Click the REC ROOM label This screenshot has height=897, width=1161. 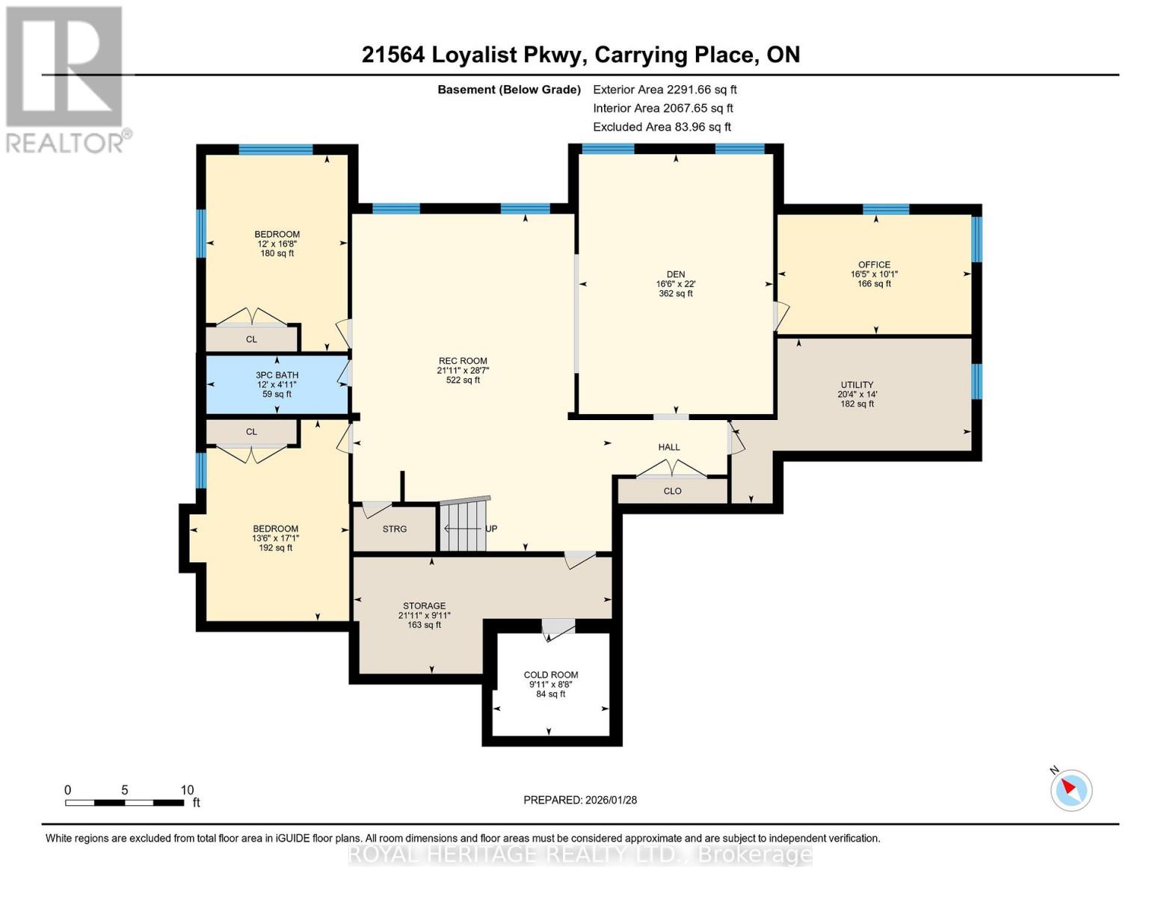[x=463, y=361]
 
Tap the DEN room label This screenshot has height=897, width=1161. [x=676, y=274]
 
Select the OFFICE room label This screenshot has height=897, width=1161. [x=874, y=265]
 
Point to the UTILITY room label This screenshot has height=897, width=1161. [x=856, y=385]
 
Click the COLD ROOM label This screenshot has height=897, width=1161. [x=551, y=675]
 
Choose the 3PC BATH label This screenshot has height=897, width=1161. [x=277, y=375]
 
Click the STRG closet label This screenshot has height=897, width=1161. [x=395, y=529]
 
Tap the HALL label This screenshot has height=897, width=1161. [x=669, y=447]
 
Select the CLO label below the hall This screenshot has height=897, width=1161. [x=672, y=491]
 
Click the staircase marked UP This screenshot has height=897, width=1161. [x=464, y=528]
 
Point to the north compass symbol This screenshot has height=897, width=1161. [x=1071, y=789]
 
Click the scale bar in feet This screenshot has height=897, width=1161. [x=125, y=803]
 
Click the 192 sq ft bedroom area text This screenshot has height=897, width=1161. [x=275, y=548]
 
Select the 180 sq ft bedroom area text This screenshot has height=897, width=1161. [x=277, y=253]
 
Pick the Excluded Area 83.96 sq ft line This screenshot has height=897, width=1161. [x=662, y=127]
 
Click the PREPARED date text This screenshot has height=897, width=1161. [x=580, y=800]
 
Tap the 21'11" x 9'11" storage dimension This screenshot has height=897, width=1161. [x=425, y=615]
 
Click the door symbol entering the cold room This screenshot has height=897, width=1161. [x=558, y=629]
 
